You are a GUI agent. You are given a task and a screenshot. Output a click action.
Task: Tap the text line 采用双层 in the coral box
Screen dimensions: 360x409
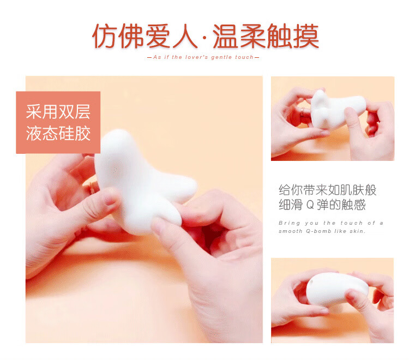pos(58,112)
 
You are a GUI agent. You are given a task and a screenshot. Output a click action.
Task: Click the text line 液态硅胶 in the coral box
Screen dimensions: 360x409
pos(58,133)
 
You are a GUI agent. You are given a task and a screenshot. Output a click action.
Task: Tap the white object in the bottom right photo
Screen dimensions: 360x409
pos(331,292)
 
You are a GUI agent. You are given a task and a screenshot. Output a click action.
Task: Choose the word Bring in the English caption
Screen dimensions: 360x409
pos(289,223)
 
